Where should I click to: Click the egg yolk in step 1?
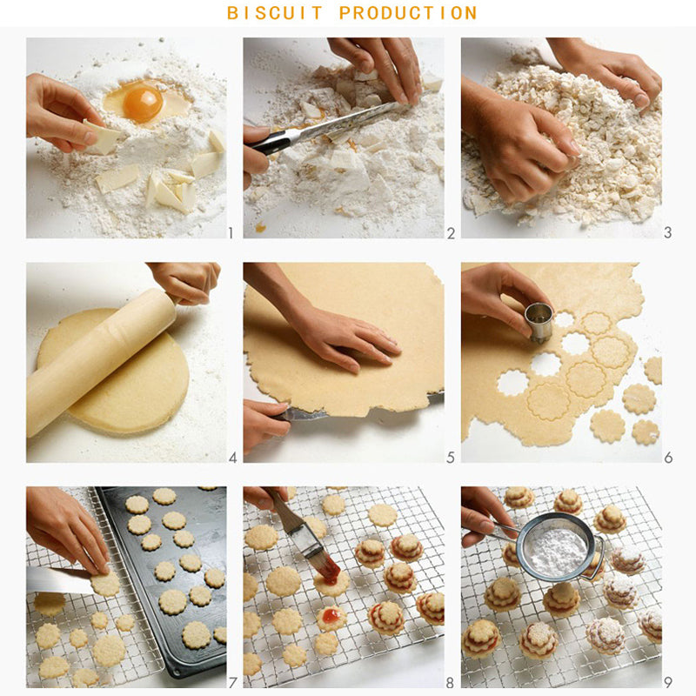pos(143,104)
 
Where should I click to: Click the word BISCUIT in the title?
pos(275,13)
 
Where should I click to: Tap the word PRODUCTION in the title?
pos(408,13)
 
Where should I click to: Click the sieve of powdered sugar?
pos(558,546)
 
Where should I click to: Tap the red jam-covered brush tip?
pos(331,571)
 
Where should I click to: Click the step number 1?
pos(231,232)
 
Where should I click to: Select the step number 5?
pos(451,458)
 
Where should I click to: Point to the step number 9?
pos(668,682)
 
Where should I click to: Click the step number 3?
pos(667,232)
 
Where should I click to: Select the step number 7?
pos(232,682)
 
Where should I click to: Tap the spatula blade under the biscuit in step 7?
pos(60,579)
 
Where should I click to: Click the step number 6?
pos(668,458)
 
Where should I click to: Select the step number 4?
pos(232,458)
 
